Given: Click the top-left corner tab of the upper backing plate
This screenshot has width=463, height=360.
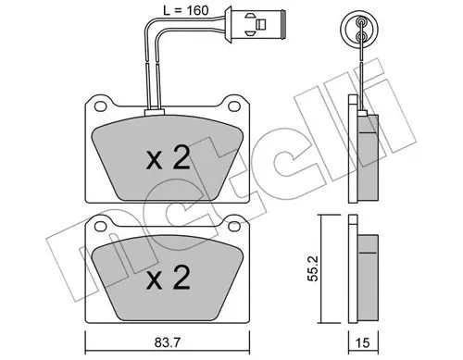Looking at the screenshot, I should (x=94, y=104).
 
